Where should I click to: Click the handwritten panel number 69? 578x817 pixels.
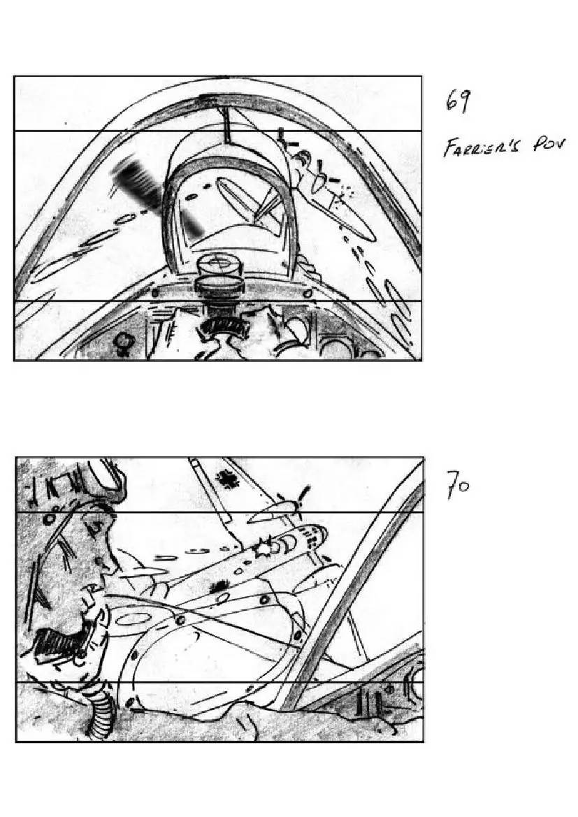point(458,101)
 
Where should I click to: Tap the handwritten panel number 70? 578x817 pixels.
point(458,484)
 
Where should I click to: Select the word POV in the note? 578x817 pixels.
point(548,144)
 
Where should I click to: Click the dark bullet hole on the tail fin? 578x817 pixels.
point(227,478)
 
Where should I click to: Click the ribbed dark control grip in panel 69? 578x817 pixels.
point(224,326)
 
